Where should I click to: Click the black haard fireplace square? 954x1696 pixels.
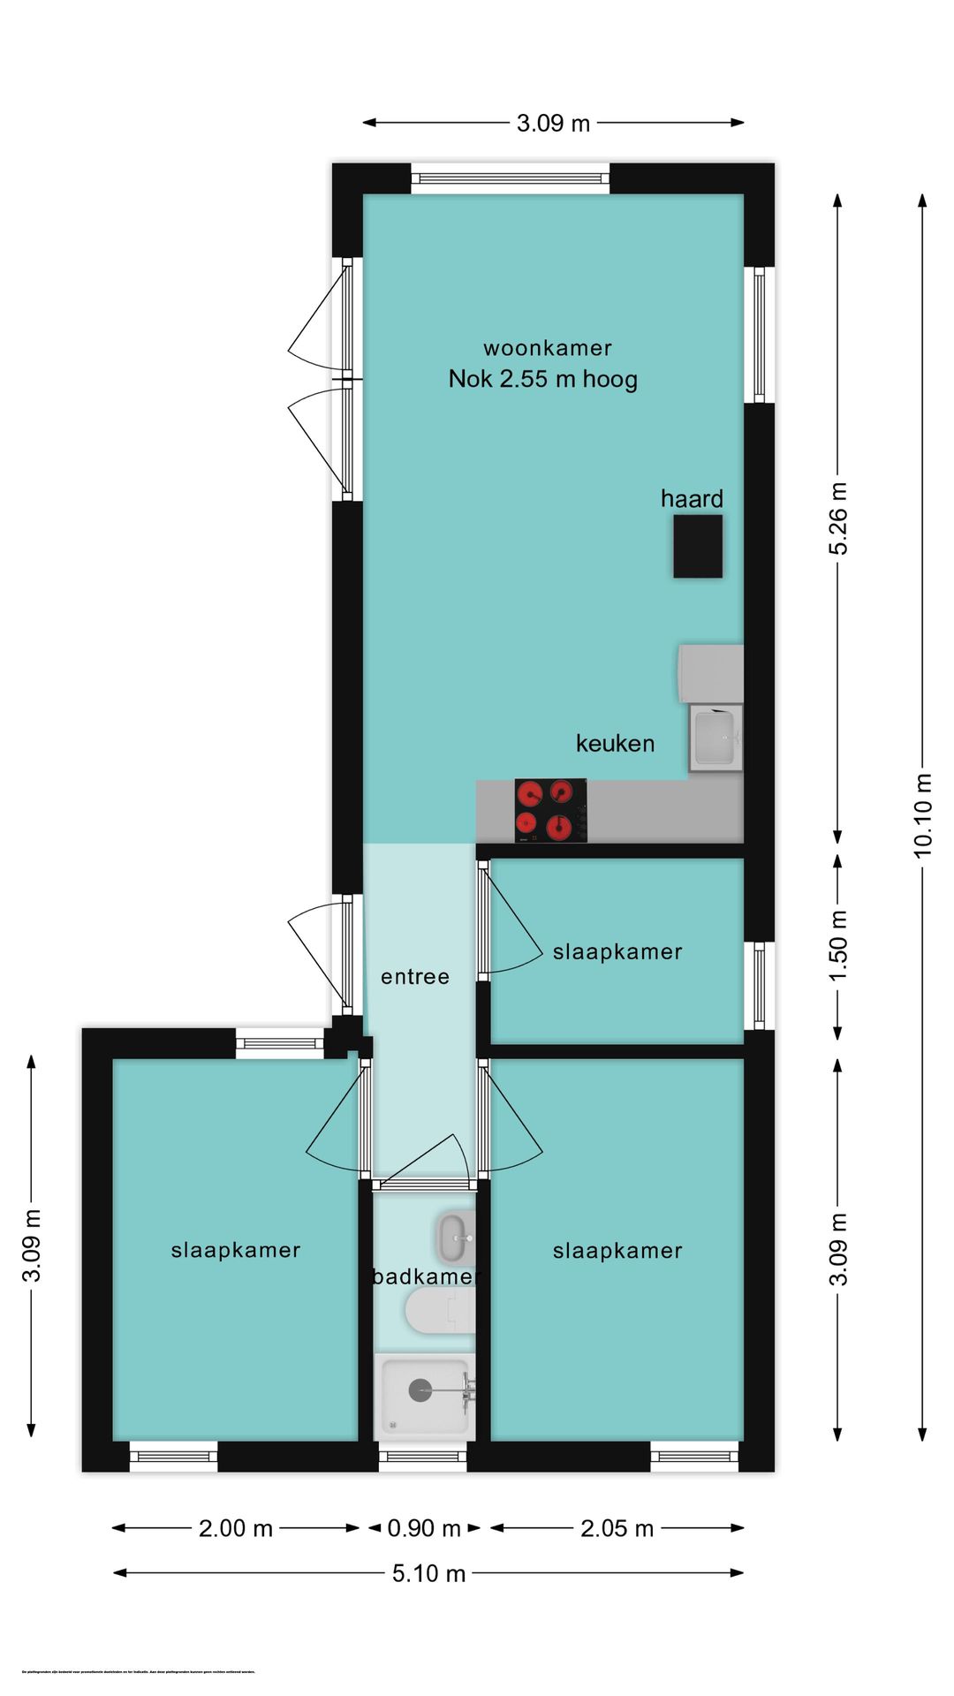[x=698, y=547]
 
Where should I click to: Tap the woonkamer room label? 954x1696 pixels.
[x=547, y=348]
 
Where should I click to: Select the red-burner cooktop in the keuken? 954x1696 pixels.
[x=550, y=810]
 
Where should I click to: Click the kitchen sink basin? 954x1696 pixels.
[x=715, y=737]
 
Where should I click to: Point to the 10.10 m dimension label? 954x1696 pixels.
[x=922, y=815]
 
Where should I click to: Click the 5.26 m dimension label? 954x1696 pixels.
[x=837, y=519]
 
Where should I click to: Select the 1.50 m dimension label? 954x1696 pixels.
[x=837, y=945]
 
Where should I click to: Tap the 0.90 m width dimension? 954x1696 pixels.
[x=424, y=1528]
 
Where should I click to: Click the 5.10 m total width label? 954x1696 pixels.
[x=428, y=1573]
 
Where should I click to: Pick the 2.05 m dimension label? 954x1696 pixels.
[x=617, y=1528]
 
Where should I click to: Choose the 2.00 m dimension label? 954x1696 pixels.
[x=235, y=1528]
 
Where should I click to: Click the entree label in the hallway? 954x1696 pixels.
[x=414, y=977]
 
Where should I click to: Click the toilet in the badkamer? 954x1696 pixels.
[x=439, y=1310]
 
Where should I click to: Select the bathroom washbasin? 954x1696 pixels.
[x=455, y=1238]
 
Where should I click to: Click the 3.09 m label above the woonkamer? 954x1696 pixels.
[x=553, y=123]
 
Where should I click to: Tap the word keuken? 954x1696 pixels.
[x=615, y=744]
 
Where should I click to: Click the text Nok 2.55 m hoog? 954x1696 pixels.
[x=542, y=379]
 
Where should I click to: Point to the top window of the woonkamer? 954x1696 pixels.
[x=511, y=178]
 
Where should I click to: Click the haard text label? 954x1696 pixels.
[x=692, y=499]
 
